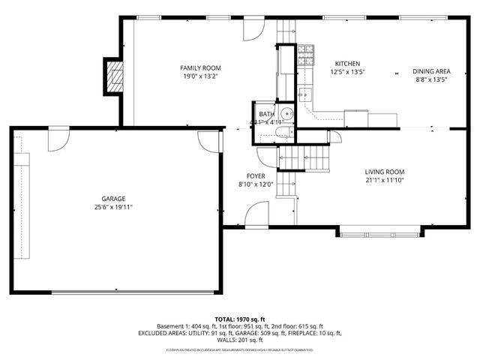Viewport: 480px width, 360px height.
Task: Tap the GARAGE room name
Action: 114,199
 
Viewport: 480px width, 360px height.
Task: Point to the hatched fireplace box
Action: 114,76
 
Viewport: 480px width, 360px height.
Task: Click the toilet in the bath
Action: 282,133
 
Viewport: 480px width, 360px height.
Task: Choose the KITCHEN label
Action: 347,64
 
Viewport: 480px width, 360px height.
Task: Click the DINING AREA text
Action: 430,72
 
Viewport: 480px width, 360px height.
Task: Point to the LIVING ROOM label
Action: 384,171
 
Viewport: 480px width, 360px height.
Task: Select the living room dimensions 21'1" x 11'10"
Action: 384,180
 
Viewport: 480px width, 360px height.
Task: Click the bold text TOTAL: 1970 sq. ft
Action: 240,319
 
